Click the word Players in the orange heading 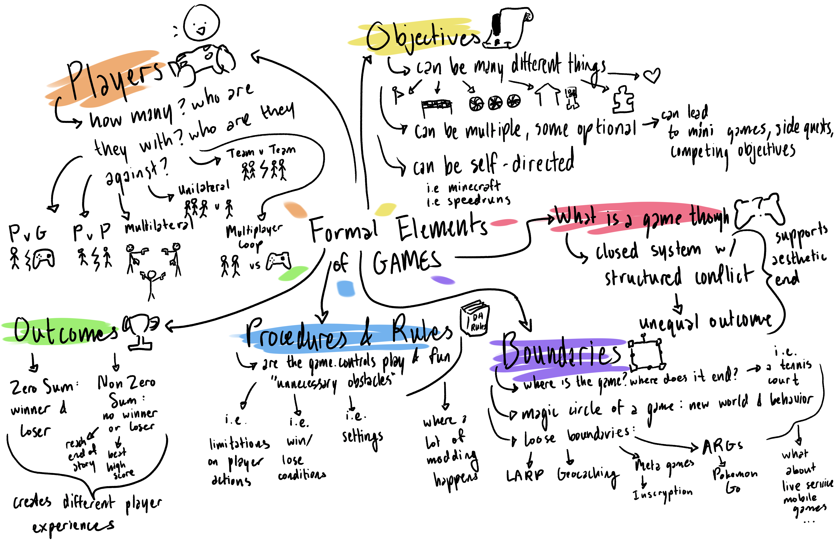114,79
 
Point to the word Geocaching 588,475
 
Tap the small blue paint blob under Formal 346,288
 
